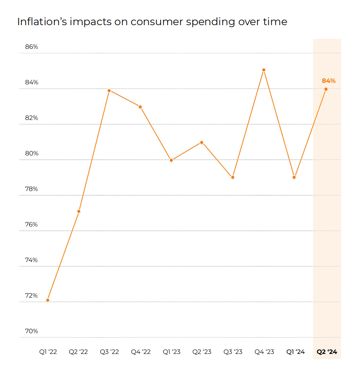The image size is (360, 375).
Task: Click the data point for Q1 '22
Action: [48, 300]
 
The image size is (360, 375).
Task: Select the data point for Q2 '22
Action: [79, 211]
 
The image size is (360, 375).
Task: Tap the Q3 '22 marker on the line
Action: [109, 91]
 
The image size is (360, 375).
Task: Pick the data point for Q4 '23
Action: [264, 70]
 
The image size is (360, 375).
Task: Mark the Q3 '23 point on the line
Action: [233, 178]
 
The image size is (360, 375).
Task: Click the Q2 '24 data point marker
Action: [326, 89]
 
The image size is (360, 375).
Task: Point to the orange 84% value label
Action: [329, 81]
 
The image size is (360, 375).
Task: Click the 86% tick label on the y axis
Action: [32, 47]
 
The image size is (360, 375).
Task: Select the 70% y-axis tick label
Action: [32, 331]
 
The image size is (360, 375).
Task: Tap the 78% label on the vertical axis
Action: [32, 189]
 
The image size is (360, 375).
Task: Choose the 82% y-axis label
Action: [32, 118]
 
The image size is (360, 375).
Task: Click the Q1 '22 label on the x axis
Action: [48, 352]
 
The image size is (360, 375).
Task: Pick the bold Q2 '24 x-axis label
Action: [327, 352]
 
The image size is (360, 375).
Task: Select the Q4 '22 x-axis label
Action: [141, 352]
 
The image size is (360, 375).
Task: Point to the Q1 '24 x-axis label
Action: [296, 352]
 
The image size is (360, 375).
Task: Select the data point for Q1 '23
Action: [171, 160]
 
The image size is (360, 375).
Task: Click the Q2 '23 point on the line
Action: [202, 142]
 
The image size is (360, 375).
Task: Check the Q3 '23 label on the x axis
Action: [233, 352]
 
